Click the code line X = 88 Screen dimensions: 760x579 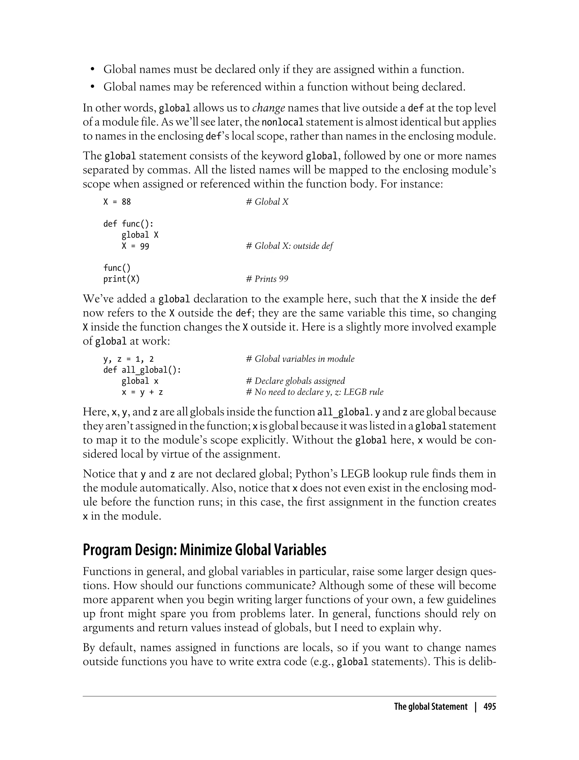[117, 202]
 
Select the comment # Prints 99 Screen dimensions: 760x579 [267, 279]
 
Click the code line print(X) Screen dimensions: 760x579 [121, 279]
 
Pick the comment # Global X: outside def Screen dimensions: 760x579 [289, 246]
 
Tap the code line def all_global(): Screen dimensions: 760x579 [142, 370]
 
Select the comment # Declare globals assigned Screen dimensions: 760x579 [295, 381]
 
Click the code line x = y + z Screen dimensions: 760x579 [142, 392]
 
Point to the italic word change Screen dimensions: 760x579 [269, 108]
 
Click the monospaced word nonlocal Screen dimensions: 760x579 [283, 122]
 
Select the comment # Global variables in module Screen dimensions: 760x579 [300, 359]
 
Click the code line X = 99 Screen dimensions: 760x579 [135, 246]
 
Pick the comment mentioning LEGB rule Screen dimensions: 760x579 [315, 392]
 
